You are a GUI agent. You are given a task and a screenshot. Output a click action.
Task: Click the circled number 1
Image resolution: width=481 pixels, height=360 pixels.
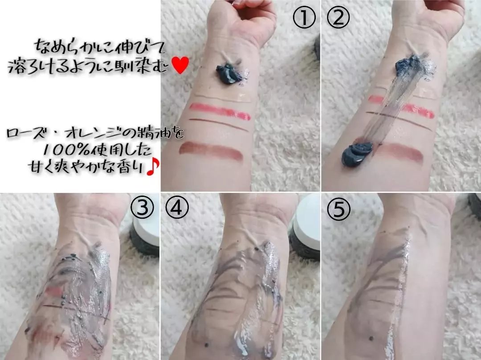pyautogui.click(x=304, y=18)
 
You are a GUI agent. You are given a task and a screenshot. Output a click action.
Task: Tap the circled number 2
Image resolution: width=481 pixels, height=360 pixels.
pyautogui.click(x=338, y=18)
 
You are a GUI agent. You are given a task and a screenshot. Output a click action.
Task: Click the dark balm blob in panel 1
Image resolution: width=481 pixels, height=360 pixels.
pyautogui.click(x=228, y=73)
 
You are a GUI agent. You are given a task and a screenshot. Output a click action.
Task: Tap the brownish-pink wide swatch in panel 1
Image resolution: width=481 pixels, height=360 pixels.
pyautogui.click(x=211, y=151)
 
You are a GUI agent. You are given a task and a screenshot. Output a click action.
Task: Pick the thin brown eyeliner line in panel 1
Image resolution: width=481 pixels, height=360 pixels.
pyautogui.click(x=219, y=125)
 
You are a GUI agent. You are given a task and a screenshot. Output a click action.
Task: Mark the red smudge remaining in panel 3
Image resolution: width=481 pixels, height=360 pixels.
pyautogui.click(x=54, y=290)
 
